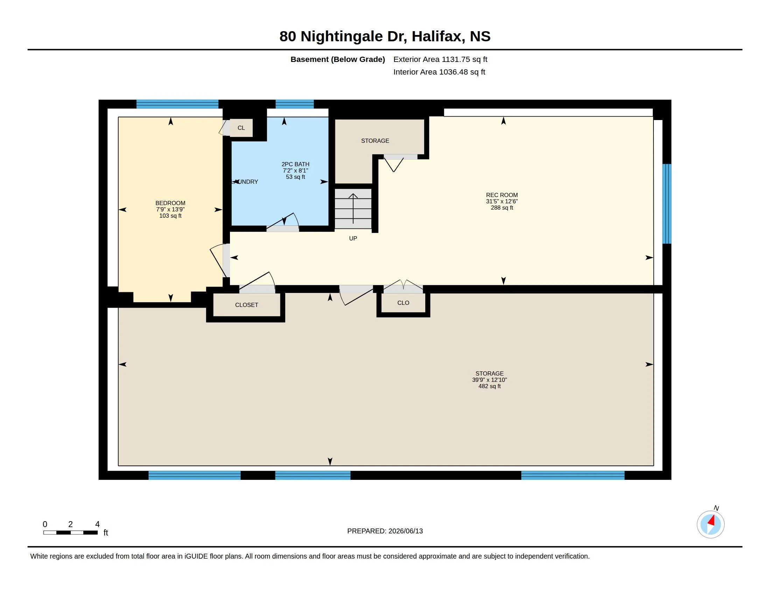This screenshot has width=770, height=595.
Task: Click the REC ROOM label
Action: coord(502,195)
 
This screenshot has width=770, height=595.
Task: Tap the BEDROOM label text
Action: coord(170,203)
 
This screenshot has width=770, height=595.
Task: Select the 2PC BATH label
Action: coord(295,164)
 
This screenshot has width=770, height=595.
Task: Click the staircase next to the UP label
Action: coord(353,208)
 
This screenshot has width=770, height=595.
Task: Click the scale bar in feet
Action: coord(70,532)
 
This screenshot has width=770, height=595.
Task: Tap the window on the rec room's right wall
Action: coord(666,204)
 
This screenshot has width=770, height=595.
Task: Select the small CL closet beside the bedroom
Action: coord(241,128)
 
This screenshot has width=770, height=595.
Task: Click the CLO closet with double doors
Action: coord(403,303)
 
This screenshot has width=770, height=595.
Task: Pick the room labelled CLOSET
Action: coord(247,305)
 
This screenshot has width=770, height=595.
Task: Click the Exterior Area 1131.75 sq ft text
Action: coord(440,59)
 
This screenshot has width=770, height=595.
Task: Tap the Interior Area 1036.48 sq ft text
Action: coord(439,72)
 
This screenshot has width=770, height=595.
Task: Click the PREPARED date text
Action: coord(385,531)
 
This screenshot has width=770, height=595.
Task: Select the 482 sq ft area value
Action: coord(489,386)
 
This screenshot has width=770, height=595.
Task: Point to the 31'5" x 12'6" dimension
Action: coord(502,201)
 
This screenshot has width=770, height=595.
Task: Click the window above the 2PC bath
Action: coord(294,104)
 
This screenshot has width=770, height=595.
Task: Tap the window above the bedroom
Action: coord(177,104)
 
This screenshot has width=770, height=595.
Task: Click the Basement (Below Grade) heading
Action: coord(338,59)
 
